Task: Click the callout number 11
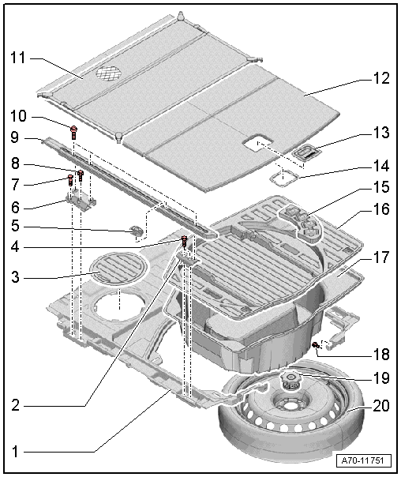pyautogui.click(x=18, y=58)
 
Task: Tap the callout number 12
pyautogui.click(x=381, y=78)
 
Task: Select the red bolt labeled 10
pyautogui.click(x=73, y=133)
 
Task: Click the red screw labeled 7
pyautogui.click(x=70, y=180)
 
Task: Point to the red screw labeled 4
pyautogui.click(x=184, y=241)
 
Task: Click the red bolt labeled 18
pyautogui.click(x=316, y=344)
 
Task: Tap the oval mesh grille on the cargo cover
pyautogui.click(x=109, y=73)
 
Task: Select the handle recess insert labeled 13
pyautogui.click(x=307, y=152)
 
